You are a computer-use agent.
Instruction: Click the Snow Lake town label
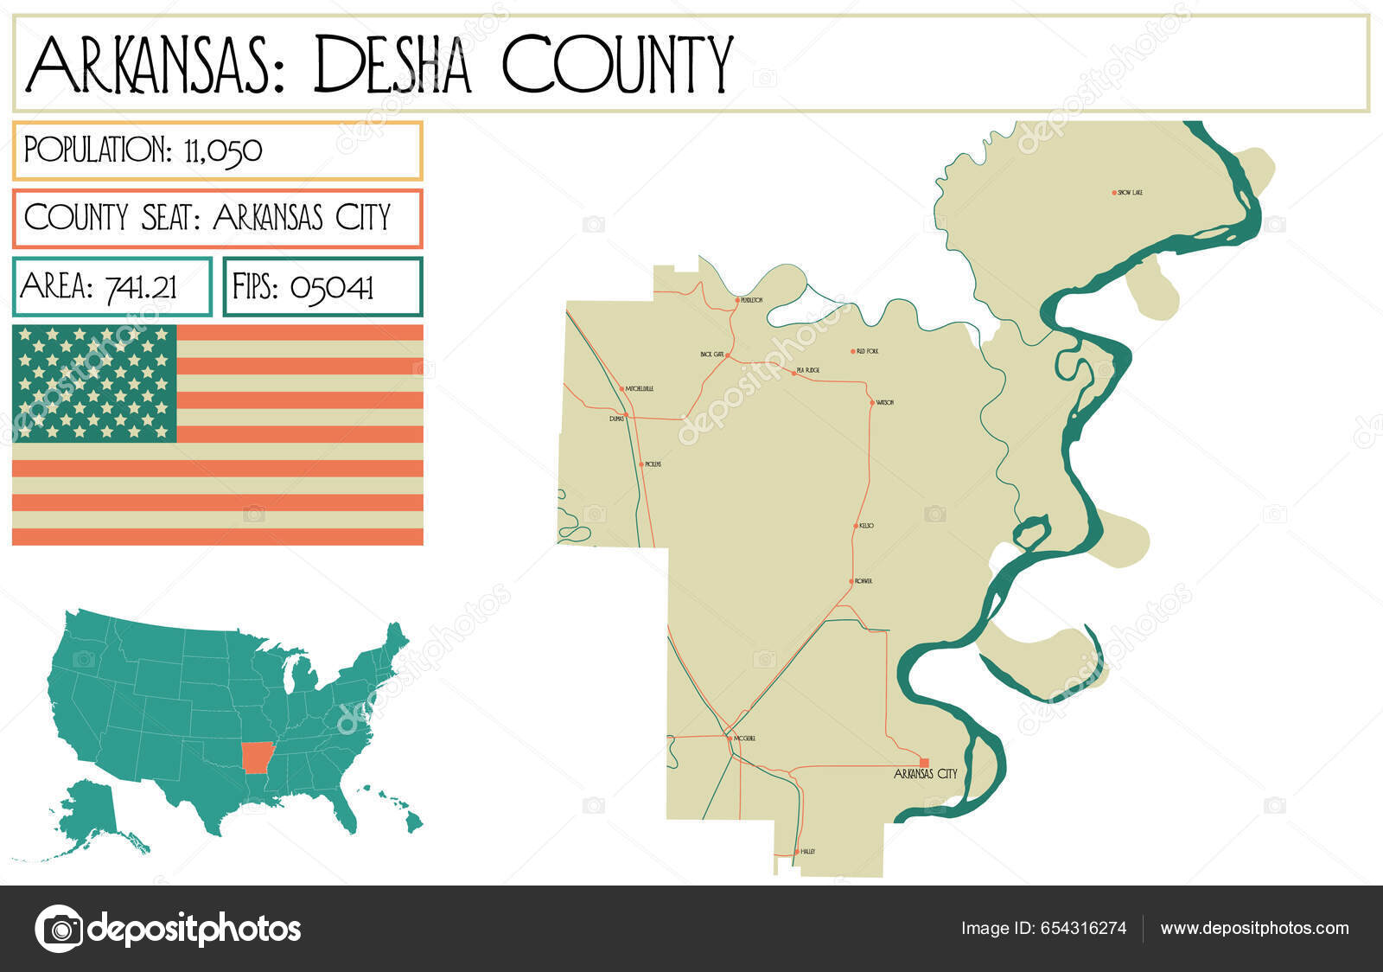pos(1131,192)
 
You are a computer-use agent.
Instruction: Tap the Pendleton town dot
pos(737,300)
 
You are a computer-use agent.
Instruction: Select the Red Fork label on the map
pos(867,351)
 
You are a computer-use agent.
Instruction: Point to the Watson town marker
pos(872,402)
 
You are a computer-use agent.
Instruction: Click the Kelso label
pos(866,526)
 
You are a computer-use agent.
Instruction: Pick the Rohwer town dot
pos(851,581)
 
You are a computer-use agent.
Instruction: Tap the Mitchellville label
pos(640,389)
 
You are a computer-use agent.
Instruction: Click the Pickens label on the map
pos(653,464)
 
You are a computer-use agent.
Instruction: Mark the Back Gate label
pos(711,355)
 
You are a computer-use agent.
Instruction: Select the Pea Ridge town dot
pos(793,373)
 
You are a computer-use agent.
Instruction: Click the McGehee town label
pos(744,739)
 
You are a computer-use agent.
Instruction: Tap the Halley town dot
pos(796,852)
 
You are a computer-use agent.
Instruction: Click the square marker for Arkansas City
pos(924,762)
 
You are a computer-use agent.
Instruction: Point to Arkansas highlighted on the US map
pos(255,757)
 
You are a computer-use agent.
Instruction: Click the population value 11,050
pos(223,150)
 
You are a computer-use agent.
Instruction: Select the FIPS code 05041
pos(331,286)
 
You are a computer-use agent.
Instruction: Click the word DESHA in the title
pos(392,66)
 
